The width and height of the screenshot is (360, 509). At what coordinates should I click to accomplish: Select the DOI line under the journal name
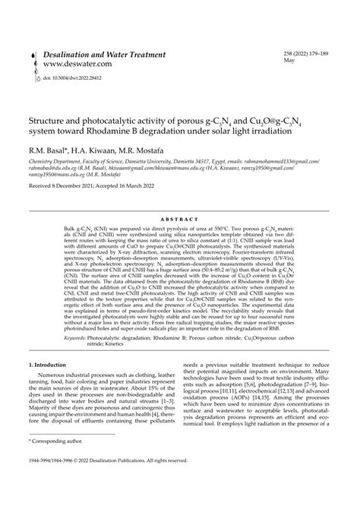pos(76,77)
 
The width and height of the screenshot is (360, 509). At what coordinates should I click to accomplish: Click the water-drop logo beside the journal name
pos(33,65)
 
